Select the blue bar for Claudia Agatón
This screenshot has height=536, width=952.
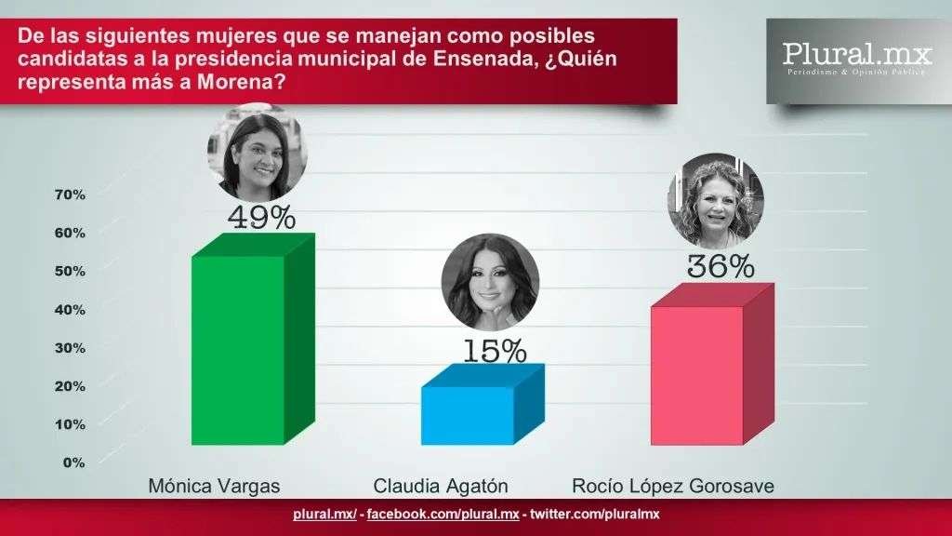[468, 415]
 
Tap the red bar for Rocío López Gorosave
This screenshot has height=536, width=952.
[697, 374]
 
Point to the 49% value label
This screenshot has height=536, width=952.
[262, 218]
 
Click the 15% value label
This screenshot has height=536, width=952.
[494, 351]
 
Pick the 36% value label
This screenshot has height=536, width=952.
[721, 267]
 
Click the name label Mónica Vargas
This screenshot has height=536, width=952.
[214, 487]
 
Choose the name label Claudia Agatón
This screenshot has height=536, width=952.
[442, 487]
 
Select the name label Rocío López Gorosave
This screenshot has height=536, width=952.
[671, 487]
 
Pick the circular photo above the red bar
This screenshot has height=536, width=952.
[715, 200]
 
